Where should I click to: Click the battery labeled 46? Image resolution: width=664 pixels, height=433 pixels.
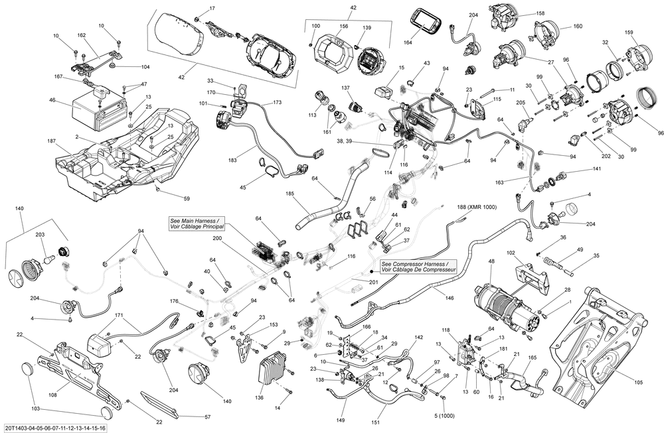pyautogui.click(x=99, y=111)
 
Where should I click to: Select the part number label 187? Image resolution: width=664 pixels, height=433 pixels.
pyautogui.click(x=52, y=141)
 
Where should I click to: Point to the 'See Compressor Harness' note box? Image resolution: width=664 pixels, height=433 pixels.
pyautogui.click(x=418, y=266)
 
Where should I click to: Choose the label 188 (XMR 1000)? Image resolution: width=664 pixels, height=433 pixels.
pyautogui.click(x=477, y=207)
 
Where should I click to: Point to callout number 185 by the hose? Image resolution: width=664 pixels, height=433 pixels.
pyautogui.click(x=290, y=194)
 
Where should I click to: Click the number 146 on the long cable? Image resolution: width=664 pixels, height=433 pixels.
pyautogui.click(x=450, y=298)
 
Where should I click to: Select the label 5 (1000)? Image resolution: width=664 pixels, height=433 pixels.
pyautogui.click(x=444, y=416)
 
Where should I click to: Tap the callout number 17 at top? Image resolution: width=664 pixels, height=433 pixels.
pyautogui.click(x=212, y=8)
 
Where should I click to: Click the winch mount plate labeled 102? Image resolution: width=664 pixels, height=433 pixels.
pyautogui.click(x=531, y=277)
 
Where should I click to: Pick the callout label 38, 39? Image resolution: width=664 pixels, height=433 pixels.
pyautogui.click(x=347, y=142)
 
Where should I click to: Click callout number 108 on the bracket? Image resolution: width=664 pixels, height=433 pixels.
pyautogui.click(x=52, y=395)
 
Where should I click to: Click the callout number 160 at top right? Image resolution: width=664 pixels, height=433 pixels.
pyautogui.click(x=578, y=27)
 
